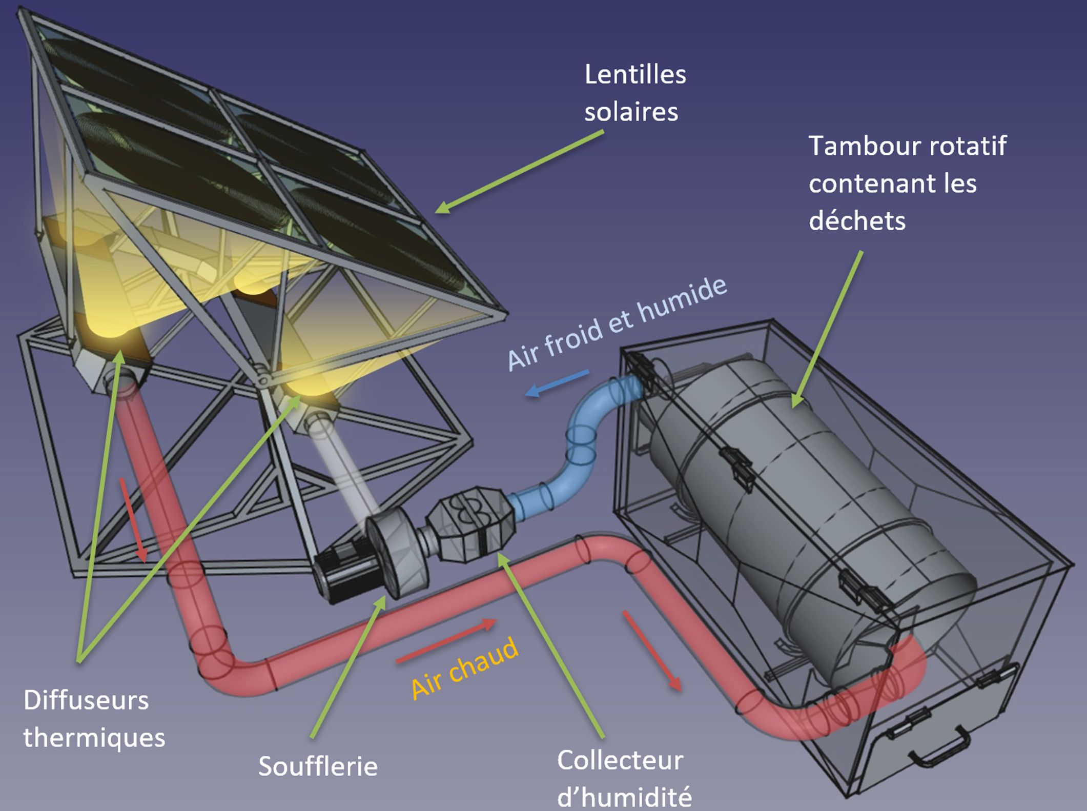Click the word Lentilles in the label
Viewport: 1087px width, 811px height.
pos(635,75)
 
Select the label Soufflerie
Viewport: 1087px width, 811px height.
pos(318,766)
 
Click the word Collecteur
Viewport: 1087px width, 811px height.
pos(620,760)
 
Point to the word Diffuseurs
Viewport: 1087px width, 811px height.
pos(86,700)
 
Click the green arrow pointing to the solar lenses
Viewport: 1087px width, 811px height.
pos(519,171)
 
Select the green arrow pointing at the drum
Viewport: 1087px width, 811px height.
pos(827,329)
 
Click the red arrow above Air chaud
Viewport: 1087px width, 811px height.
pos(446,641)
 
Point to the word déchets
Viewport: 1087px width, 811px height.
pos(857,221)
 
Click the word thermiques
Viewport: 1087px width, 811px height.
pos(94,738)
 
